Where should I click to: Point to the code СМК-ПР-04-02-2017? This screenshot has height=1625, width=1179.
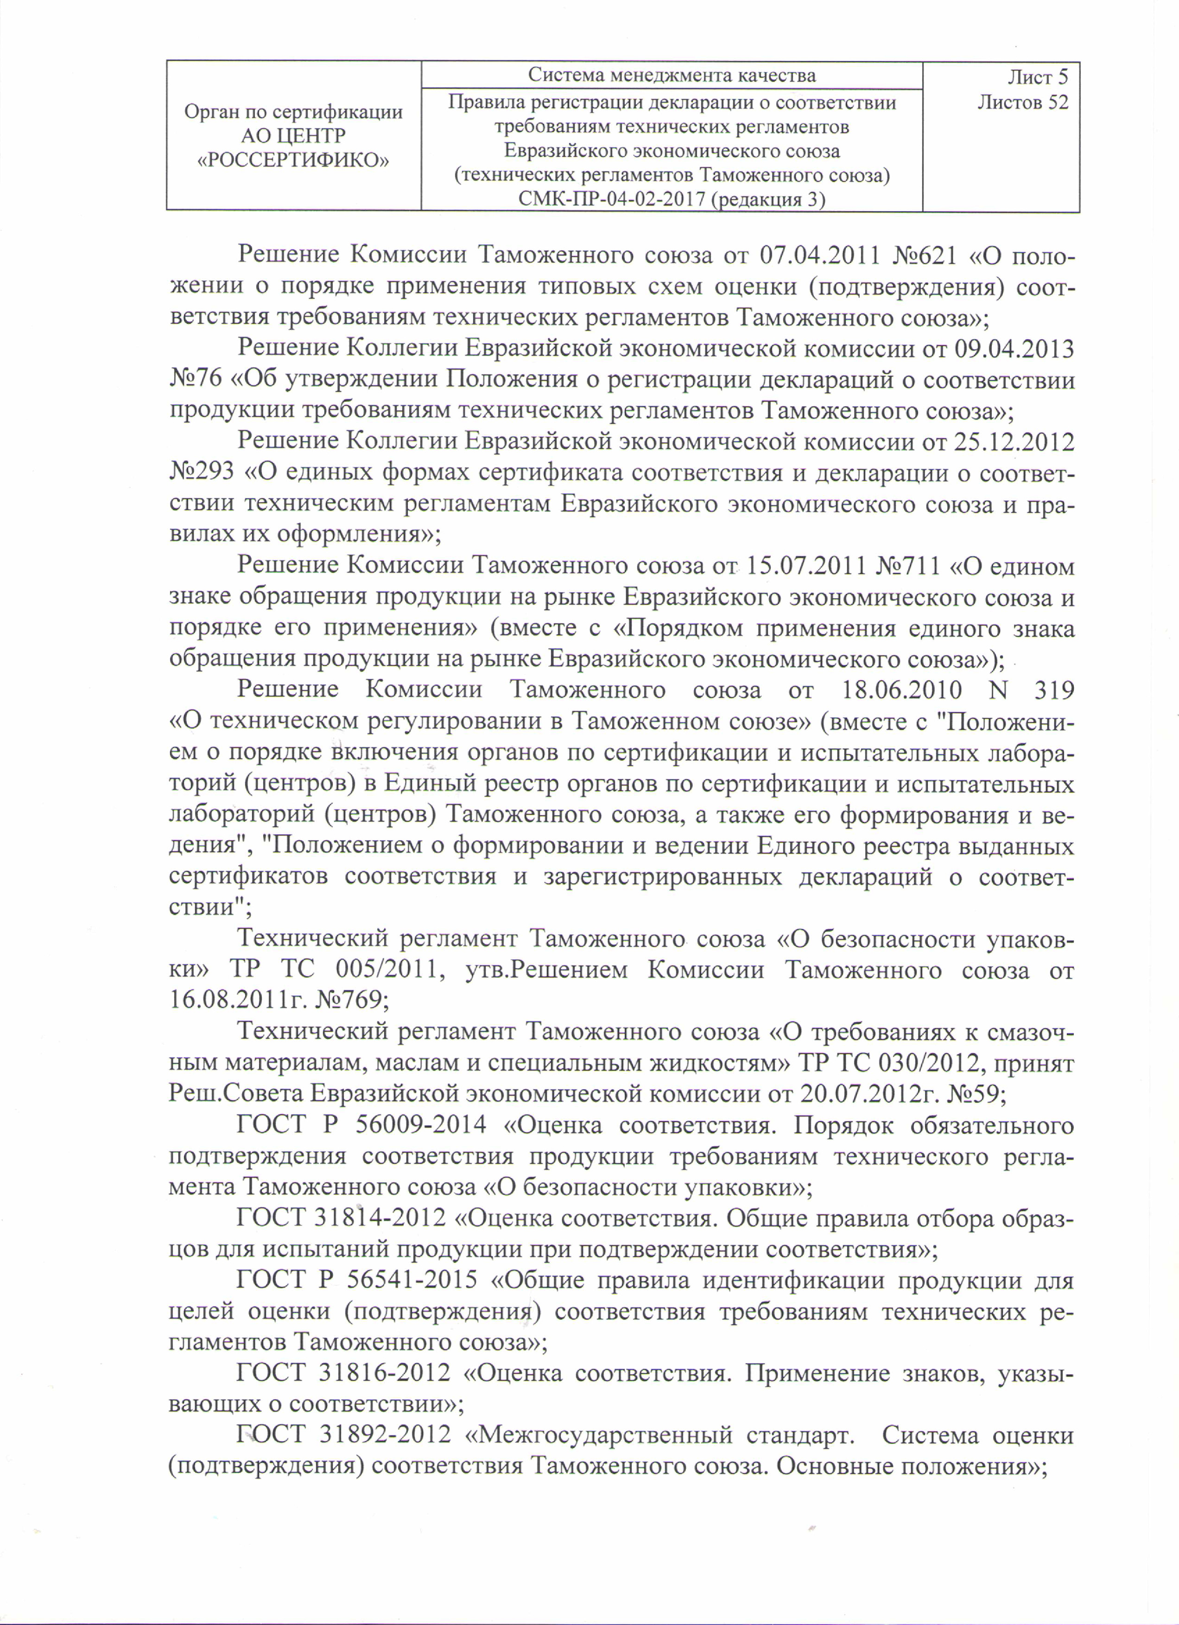click(612, 199)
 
